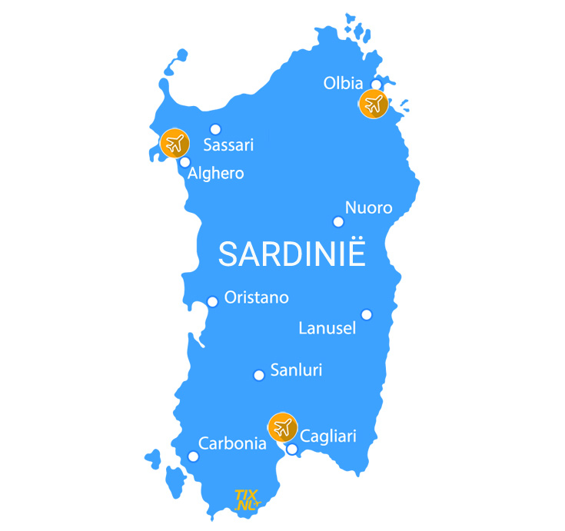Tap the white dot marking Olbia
click(377, 85)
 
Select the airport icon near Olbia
click(374, 104)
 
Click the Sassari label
click(228, 144)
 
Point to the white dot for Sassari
click(215, 129)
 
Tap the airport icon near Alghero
click(174, 142)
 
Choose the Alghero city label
click(216, 174)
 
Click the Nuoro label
click(368, 207)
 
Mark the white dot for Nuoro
click(338, 222)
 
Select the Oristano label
click(256, 298)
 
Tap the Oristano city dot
click(213, 301)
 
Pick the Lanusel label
click(327, 329)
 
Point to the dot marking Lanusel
click(367, 314)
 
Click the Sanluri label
click(296, 370)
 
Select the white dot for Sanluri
click(259, 375)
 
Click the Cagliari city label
click(328, 436)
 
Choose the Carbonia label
click(232, 443)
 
